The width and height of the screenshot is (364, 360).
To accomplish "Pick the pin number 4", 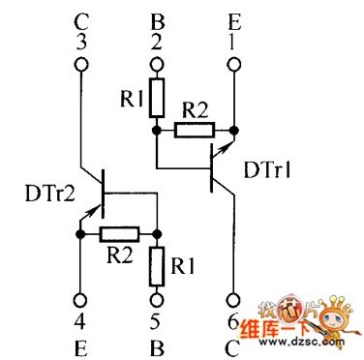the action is pos(80,319).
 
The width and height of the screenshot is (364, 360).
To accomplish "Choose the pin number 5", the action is pos(155,319).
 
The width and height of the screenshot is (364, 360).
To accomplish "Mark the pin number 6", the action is pos(233,319).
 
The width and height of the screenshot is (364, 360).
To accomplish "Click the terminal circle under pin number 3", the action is pos(80,66).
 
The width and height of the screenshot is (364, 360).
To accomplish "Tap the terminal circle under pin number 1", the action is pos(233,66).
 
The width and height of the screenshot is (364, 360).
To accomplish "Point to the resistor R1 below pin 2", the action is pos(155,98).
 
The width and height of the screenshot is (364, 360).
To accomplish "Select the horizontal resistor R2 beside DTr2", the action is pos(120,233).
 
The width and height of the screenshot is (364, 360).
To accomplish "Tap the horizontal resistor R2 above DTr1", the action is pos(194,127).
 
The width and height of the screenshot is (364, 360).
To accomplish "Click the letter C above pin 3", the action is pos(80,18).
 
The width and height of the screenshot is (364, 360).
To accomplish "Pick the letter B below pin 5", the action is pos(155,343).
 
